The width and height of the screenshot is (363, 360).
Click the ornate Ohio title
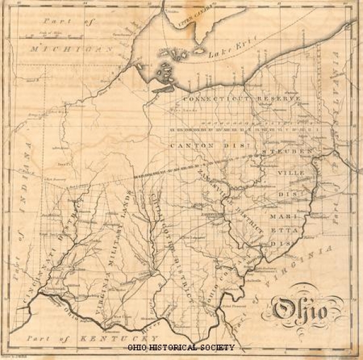(x=299, y=310)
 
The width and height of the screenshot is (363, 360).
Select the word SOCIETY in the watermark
(x=218, y=348)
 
